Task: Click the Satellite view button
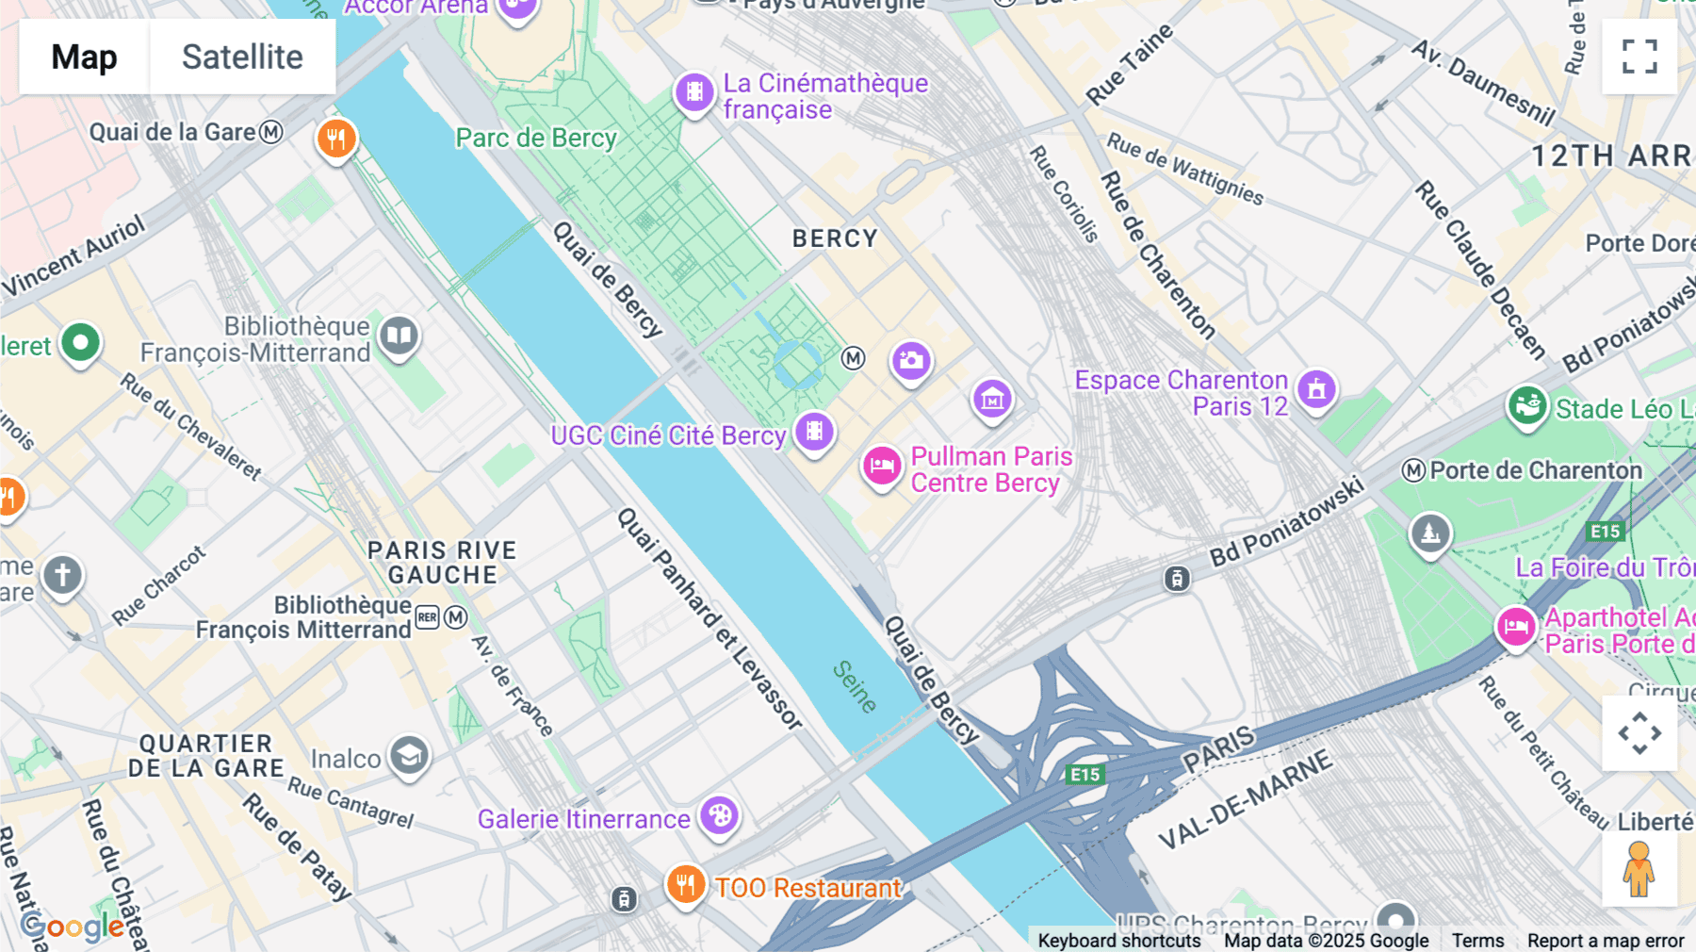click(242, 57)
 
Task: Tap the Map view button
click(84, 57)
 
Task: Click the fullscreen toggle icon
click(1639, 57)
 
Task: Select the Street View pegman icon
click(1639, 869)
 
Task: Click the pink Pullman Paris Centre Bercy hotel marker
click(882, 466)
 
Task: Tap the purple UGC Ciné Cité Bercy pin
click(814, 432)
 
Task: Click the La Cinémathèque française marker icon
click(694, 92)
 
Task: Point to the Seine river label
click(855, 685)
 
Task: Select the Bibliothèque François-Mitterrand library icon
click(399, 336)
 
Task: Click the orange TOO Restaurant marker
click(686, 885)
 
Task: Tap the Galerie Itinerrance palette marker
click(720, 815)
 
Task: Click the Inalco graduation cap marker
click(409, 755)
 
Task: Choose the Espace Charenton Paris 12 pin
click(1316, 388)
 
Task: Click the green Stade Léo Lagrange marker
click(1526, 406)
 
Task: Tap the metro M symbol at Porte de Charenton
click(1413, 470)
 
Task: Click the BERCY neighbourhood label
click(835, 238)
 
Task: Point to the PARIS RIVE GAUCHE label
click(442, 562)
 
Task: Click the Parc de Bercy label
click(535, 138)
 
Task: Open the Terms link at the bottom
click(1477, 940)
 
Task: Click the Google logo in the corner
click(72, 927)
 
